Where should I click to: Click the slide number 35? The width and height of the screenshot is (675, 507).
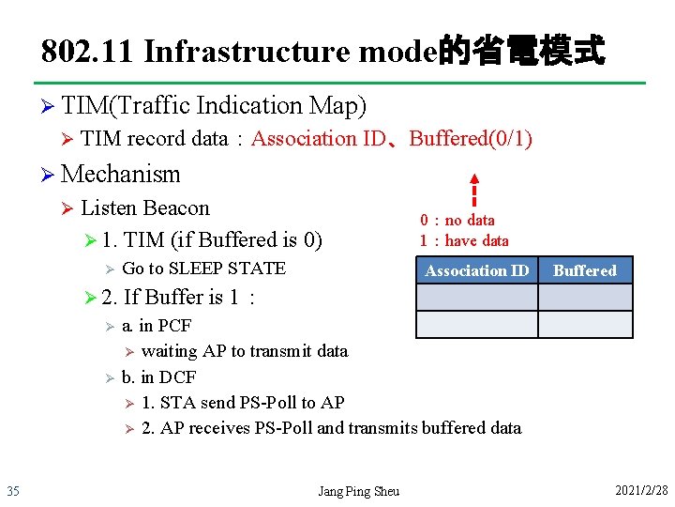tap(13, 491)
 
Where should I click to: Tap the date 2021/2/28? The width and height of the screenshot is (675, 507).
tap(641, 491)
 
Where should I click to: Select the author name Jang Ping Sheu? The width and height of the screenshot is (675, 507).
tap(358, 491)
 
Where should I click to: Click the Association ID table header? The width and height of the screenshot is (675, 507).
tap(476, 270)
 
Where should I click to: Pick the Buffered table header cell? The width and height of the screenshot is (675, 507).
tap(584, 270)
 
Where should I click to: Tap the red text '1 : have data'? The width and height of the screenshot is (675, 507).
tap(464, 240)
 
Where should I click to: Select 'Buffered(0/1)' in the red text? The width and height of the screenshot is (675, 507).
tap(471, 139)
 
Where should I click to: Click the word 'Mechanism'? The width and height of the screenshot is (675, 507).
tap(120, 174)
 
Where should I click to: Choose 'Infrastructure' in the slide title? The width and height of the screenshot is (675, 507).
tap(247, 50)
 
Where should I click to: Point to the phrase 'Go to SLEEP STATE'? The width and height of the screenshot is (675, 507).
tap(203, 268)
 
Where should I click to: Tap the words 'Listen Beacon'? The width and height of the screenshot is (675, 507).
tap(145, 207)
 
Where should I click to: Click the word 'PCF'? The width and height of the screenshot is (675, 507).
tap(174, 326)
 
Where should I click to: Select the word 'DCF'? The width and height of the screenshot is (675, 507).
tap(177, 376)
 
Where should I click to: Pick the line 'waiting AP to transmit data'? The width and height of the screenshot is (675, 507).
tap(244, 351)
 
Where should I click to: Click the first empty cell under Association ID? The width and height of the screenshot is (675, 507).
tap(476, 298)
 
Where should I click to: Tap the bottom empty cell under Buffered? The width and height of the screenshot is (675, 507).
tap(584, 324)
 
